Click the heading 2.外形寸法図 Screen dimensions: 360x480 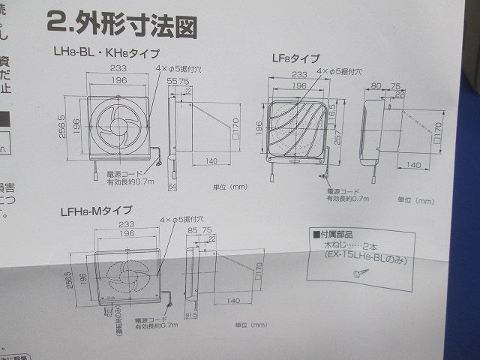coord(122,24)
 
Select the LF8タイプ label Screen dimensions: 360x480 coord(295,58)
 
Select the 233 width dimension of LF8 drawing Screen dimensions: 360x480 coord(298,75)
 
